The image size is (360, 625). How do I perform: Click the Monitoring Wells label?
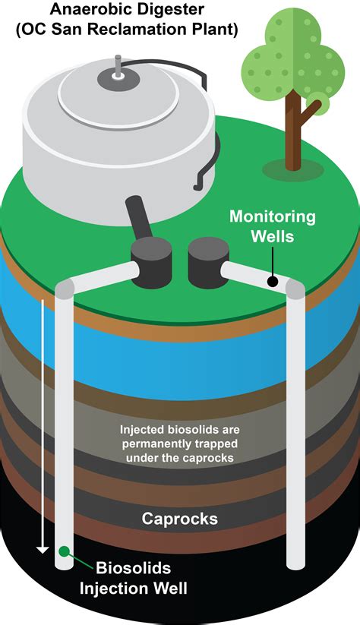click(x=273, y=226)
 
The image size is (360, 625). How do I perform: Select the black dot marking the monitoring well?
click(x=273, y=282)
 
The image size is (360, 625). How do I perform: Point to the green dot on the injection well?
click(x=64, y=551)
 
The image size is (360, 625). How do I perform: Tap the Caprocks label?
click(x=180, y=519)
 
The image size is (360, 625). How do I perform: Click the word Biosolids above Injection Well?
click(x=134, y=567)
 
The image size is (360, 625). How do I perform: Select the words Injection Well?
click(x=134, y=589)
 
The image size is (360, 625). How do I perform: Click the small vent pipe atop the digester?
click(x=118, y=66)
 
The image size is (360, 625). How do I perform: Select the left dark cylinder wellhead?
click(x=151, y=262)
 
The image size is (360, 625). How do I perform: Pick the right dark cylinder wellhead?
click(x=209, y=262)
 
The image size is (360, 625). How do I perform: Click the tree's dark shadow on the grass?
click(x=293, y=170)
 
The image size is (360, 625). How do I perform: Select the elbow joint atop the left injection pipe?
click(x=65, y=288)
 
